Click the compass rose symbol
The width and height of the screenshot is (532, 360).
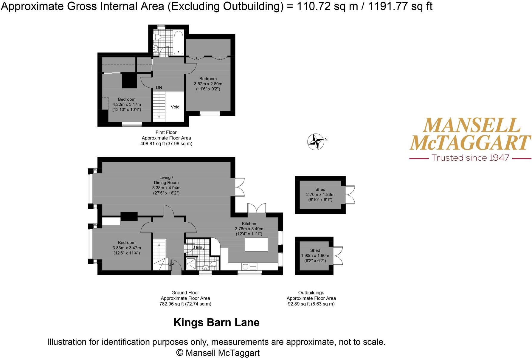coord(315,142)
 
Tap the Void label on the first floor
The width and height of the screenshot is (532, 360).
coord(175,107)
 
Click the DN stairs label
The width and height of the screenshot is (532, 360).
coord(159,88)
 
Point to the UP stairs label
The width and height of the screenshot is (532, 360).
coord(171,264)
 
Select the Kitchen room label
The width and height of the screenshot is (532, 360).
coord(249,224)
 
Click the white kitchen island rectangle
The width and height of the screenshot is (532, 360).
coord(256,245)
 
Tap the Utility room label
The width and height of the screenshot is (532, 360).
coord(199,248)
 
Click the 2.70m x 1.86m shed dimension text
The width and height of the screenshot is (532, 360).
coord(320,195)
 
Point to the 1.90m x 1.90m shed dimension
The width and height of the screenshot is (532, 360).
coord(315,256)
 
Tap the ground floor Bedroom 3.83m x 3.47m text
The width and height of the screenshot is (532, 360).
coord(127,248)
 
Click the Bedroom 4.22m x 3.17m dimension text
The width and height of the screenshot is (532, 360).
coord(127,105)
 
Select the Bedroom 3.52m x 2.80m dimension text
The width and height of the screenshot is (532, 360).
coord(208,84)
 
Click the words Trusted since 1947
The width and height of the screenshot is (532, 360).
coord(470,158)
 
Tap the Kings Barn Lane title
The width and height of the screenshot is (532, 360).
coord(216,323)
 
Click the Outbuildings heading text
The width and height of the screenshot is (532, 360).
coord(311,293)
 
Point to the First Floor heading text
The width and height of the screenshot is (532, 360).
coord(166,132)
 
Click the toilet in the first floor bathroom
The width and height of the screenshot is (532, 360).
coord(158,37)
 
